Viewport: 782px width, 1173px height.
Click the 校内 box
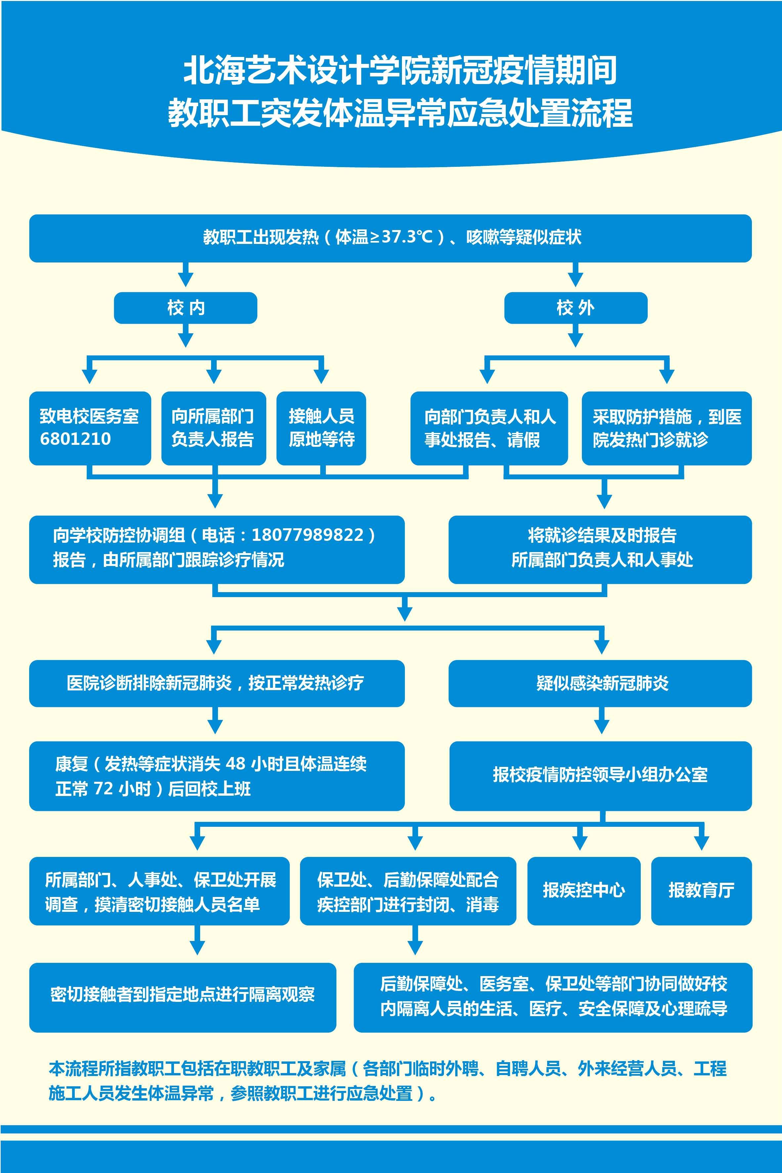point(186,308)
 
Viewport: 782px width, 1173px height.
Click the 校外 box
point(576,308)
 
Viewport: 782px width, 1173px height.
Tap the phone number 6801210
point(75,439)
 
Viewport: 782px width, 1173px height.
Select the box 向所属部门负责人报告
point(213,428)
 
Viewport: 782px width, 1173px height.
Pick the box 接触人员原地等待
point(321,428)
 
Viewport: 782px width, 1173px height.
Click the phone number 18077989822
point(308,535)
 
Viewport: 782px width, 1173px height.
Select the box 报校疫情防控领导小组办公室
point(600,775)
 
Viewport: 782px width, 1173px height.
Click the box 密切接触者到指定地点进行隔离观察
point(183,994)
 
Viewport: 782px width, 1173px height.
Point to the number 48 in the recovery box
point(236,763)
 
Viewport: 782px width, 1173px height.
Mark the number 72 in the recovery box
point(104,788)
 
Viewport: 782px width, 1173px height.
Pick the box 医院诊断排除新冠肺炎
point(216,683)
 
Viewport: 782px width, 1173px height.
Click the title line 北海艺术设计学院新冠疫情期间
point(401,70)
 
